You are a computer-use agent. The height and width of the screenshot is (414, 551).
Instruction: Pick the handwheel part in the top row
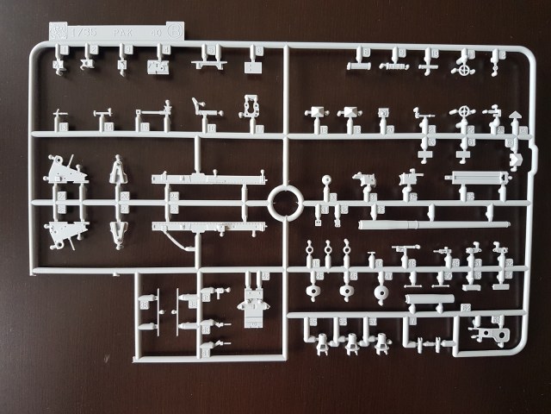(466, 64)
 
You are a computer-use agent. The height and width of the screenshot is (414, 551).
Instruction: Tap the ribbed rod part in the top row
(393, 65)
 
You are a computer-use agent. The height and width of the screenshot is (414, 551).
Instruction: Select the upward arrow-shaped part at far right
(514, 116)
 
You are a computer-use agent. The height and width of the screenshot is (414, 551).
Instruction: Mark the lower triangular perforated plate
(66, 229)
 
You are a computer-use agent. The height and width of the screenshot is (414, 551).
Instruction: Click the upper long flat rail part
(208, 179)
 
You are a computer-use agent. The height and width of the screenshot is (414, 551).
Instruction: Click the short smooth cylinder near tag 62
(429, 299)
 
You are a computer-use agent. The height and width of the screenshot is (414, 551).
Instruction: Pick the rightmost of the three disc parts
(381, 292)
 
